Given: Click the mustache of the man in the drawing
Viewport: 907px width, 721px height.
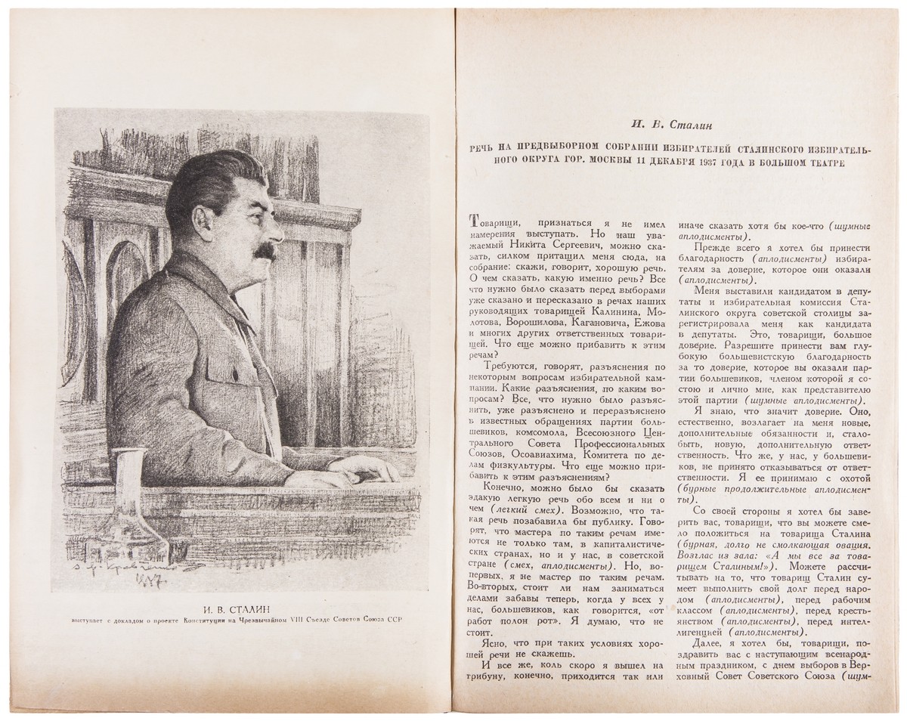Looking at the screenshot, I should point(261,255).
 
